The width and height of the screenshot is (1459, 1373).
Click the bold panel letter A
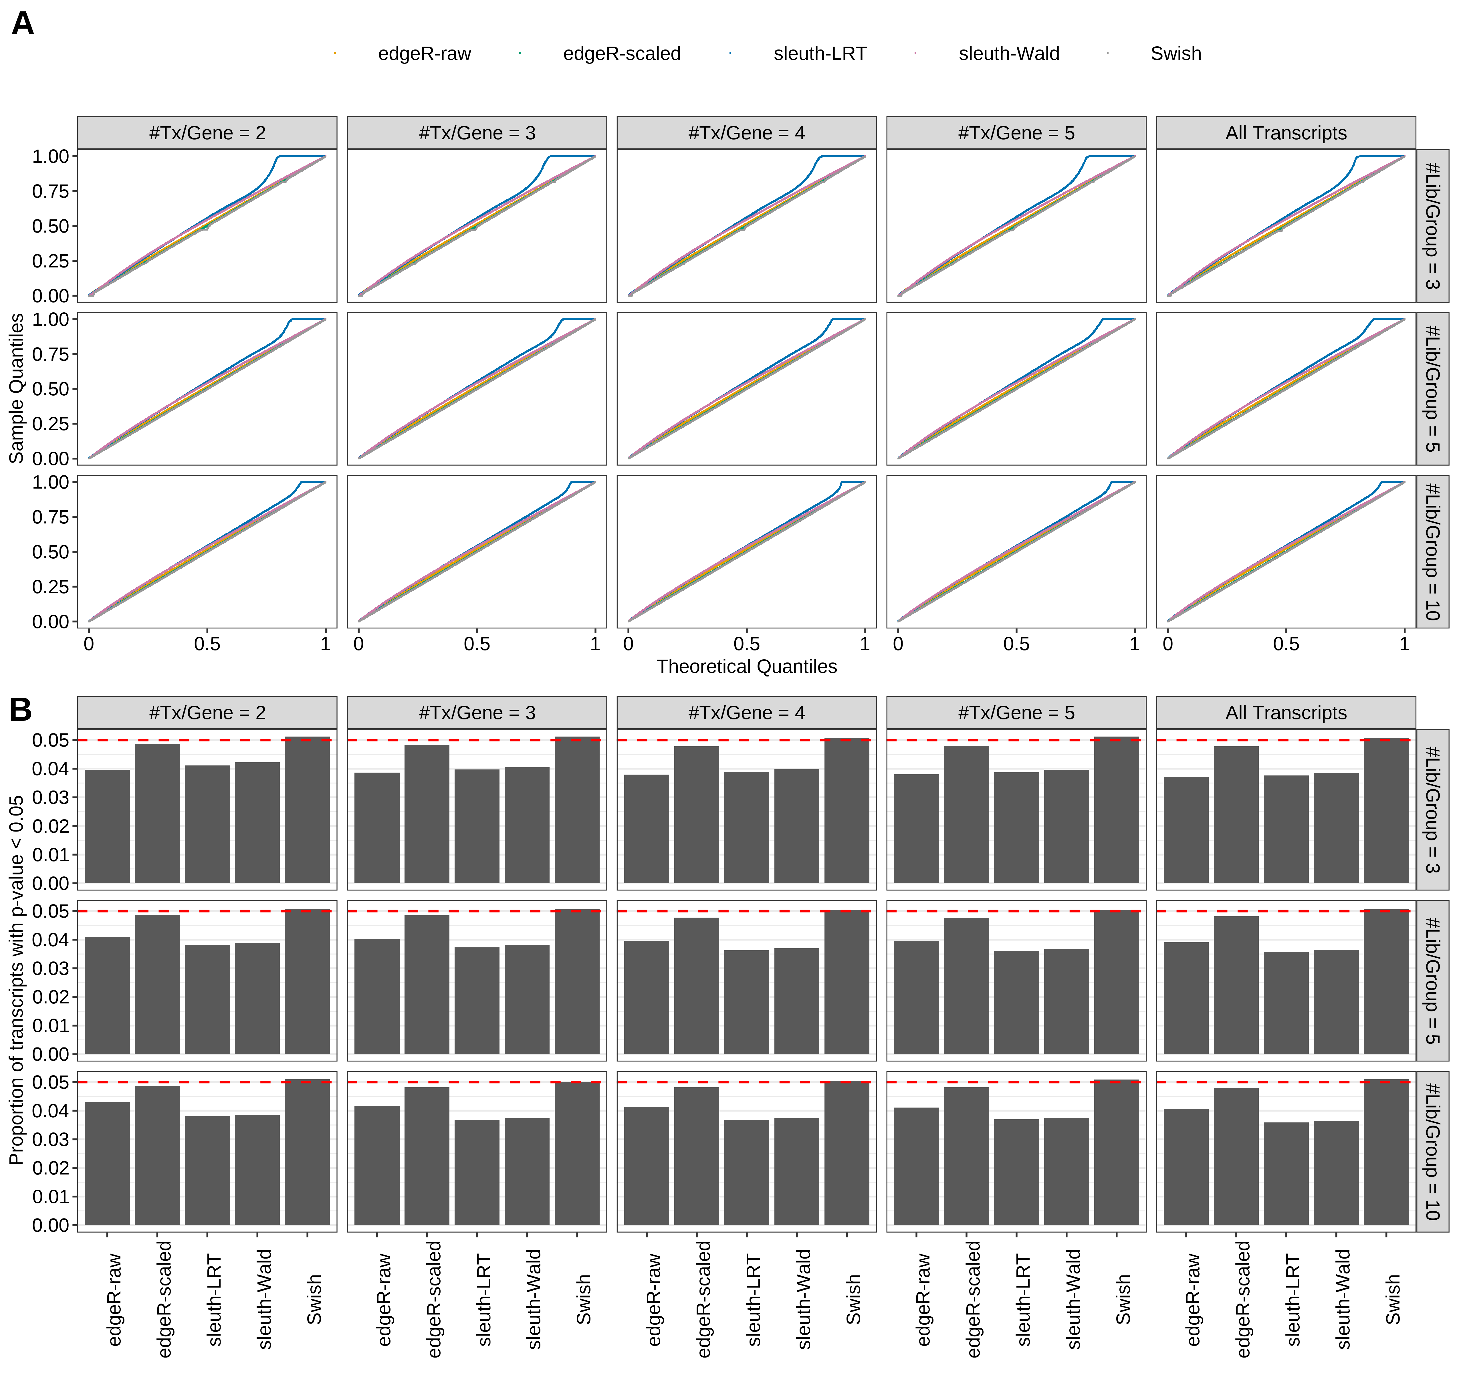pos(23,24)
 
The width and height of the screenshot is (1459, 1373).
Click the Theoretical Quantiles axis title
pos(746,666)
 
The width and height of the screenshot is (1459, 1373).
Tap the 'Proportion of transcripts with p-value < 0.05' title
pos(16,980)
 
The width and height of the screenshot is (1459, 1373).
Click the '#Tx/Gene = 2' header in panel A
pos(207,133)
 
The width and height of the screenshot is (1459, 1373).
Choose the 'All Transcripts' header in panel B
pos(1286,713)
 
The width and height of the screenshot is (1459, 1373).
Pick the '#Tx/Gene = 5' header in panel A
pos(1016,133)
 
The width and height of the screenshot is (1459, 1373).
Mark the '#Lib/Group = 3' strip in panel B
pos(1432,809)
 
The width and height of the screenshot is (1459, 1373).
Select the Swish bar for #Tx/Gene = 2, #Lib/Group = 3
pos(308,811)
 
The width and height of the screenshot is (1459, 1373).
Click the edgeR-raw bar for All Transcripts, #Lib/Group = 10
pos(1186,1167)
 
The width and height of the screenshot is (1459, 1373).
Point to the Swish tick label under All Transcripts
pos(1392,1299)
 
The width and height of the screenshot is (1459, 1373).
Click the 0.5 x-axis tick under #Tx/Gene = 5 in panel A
pos(1016,644)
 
